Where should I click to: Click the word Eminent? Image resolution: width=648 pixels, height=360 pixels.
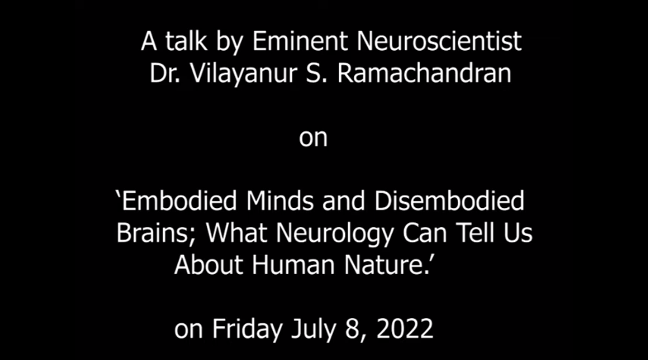[x=300, y=41]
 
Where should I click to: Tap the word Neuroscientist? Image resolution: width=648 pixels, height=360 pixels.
[x=439, y=41]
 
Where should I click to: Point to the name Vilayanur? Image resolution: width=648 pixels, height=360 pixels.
[x=244, y=74]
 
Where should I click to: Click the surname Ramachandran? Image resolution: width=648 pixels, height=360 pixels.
[x=424, y=73]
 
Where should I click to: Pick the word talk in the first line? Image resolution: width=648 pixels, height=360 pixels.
[x=186, y=41]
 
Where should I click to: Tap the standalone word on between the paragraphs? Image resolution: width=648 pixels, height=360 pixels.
[x=313, y=138]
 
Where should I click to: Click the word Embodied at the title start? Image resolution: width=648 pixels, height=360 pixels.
[x=179, y=201]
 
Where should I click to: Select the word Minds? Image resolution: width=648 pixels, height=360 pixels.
[x=280, y=201]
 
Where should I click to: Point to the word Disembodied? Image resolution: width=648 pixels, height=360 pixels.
[x=449, y=201]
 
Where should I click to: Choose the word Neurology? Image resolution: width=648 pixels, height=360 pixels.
[x=335, y=234]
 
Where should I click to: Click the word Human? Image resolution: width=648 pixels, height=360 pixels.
[x=293, y=265]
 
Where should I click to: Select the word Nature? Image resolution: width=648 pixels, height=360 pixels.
[x=387, y=265]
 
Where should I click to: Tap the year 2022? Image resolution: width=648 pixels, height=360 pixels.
[x=405, y=328]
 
